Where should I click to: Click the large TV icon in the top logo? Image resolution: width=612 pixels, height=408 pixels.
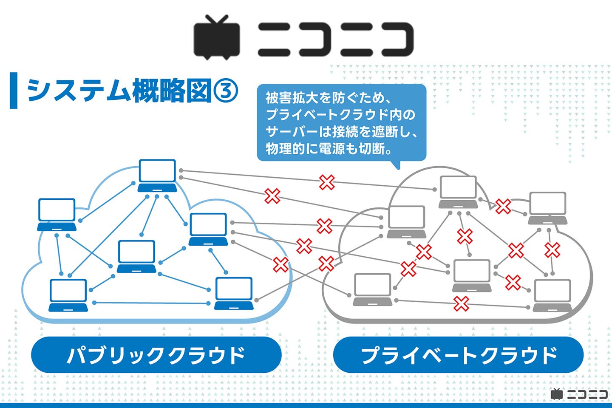pyautogui.click(x=217, y=38)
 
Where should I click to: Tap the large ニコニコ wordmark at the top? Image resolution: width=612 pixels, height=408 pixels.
pyautogui.click(x=336, y=39)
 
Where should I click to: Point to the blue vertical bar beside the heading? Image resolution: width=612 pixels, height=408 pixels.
pyautogui.click(x=14, y=91)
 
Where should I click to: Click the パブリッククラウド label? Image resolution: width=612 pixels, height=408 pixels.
pyautogui.click(x=156, y=355)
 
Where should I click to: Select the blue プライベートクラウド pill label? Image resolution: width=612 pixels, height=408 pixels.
pyautogui.click(x=458, y=355)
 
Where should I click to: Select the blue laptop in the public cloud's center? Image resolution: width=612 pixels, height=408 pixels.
pyautogui.click(x=136, y=256)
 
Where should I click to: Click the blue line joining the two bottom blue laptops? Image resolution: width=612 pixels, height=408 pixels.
pyautogui.click(x=151, y=303)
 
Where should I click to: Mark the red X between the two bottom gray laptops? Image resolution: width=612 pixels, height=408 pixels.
pyautogui.click(x=461, y=303)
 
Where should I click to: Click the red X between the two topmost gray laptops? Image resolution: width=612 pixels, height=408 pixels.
pyautogui.click(x=503, y=206)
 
